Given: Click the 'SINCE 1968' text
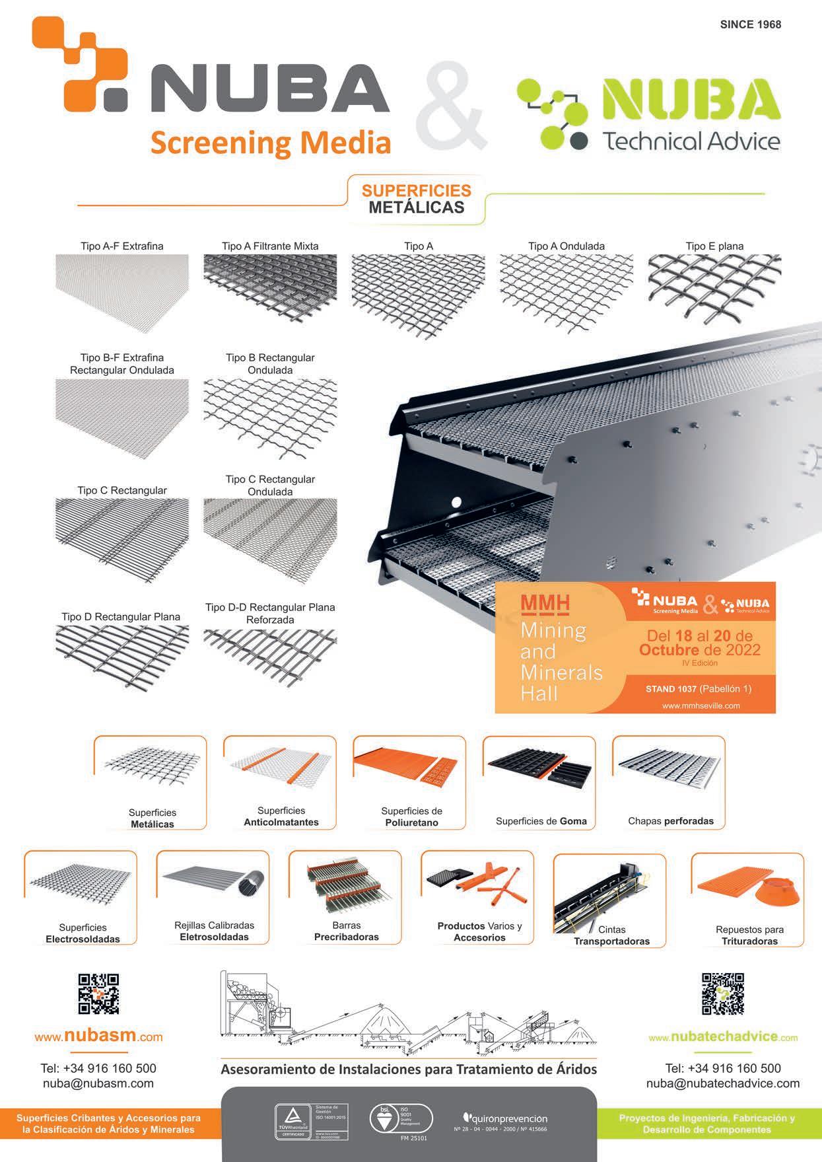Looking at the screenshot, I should click(x=750, y=24).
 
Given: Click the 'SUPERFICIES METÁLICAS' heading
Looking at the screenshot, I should click(x=416, y=199).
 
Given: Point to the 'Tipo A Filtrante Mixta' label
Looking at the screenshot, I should click(x=270, y=246).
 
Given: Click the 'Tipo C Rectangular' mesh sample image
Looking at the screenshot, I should click(x=122, y=539).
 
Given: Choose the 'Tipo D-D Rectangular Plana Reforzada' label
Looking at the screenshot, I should click(x=270, y=614).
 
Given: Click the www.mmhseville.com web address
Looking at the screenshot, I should click(x=701, y=706).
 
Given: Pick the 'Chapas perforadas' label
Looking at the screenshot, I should click(x=670, y=821).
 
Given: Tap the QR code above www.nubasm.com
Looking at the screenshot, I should click(x=99, y=994).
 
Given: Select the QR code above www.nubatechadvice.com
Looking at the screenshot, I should click(x=723, y=994).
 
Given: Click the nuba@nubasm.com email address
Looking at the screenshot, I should click(x=98, y=1083).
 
